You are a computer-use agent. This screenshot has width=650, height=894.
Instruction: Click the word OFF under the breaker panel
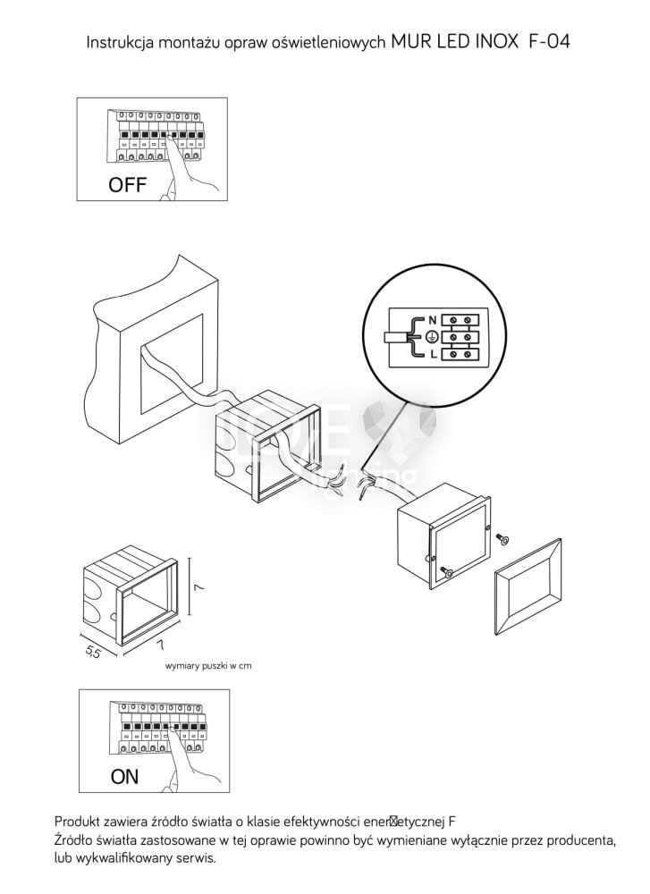[127, 186]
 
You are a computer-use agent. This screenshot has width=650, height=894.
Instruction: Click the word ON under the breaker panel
[124, 777]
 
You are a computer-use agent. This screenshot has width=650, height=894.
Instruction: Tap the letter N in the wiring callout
[433, 319]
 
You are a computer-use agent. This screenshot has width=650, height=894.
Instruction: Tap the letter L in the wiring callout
[433, 355]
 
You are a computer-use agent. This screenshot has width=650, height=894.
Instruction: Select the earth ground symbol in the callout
[430, 337]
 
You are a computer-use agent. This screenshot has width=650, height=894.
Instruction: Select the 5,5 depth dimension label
[92, 653]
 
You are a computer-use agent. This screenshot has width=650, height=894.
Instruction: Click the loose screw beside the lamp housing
[502, 537]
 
